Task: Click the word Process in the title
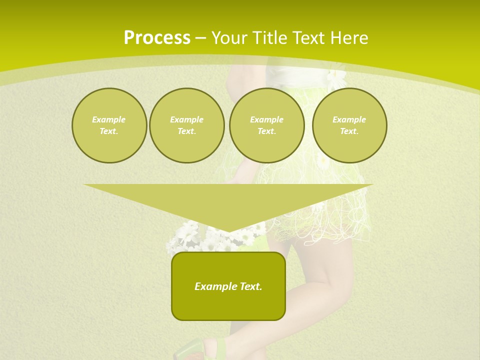[157, 38]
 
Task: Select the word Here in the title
[349, 38]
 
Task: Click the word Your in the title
[229, 38]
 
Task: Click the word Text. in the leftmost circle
[109, 131]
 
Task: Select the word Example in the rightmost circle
[349, 119]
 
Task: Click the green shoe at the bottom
[200, 350]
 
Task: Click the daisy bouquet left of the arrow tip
[187, 237]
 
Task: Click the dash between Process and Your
[200, 38]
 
